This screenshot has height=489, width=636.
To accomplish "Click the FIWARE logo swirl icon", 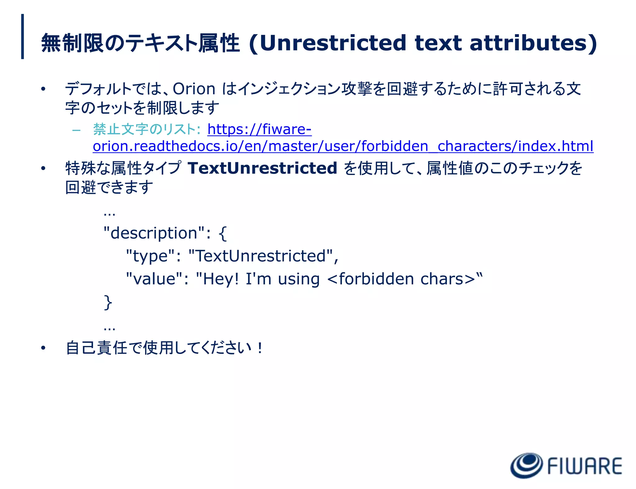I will (526, 465).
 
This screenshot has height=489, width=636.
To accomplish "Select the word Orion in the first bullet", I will (194, 89).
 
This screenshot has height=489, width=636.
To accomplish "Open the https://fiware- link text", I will (259, 129).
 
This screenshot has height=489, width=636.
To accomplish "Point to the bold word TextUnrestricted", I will (262, 168).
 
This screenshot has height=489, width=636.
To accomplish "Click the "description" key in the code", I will (154, 233).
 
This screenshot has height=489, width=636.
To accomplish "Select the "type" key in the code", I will (150, 256).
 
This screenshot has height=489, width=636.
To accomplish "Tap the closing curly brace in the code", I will (108, 302).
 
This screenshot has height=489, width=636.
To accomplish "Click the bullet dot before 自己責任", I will (43, 348).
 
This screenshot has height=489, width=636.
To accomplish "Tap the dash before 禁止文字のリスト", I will (76, 130).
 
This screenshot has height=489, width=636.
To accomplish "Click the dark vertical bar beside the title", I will (22, 36).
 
